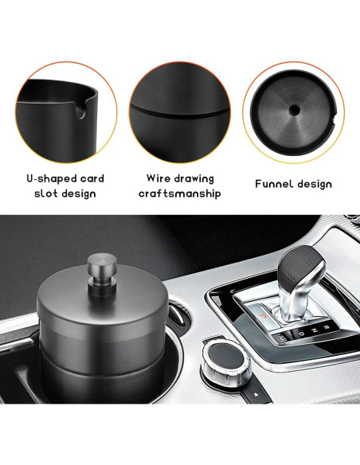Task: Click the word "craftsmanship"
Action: [x=180, y=193]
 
